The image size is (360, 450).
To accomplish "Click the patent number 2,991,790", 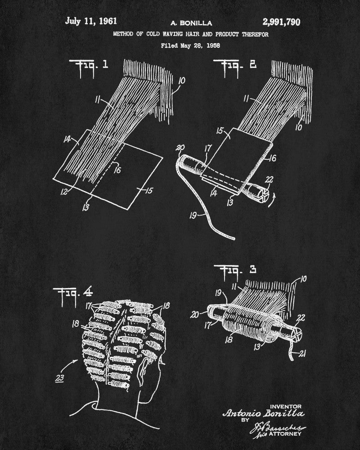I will click(278, 22).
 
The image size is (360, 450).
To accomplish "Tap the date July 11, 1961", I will click(91, 21).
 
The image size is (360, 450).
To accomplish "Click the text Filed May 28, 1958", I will click(190, 45).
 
